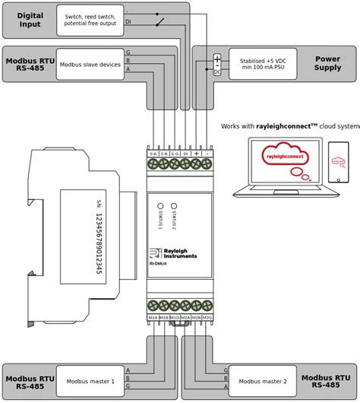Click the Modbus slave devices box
pos(90,65)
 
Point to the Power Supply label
pos(327,62)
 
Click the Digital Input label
pos(30,20)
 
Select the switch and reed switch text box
pos(90,20)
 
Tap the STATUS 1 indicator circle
pos(160,205)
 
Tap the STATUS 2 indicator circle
pos(174,205)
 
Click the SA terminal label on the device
pos(153,154)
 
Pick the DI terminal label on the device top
pos(185,154)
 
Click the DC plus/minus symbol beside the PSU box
pos(217,65)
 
